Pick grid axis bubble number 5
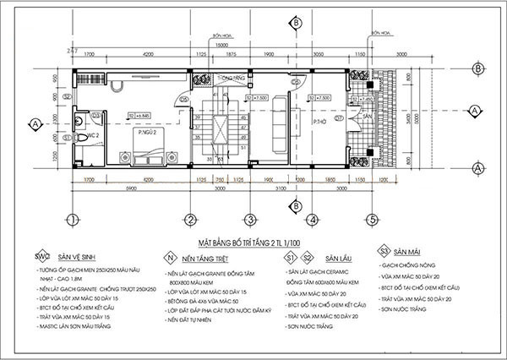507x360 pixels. click(x=371, y=221)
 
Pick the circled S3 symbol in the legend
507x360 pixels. click(x=384, y=252)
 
